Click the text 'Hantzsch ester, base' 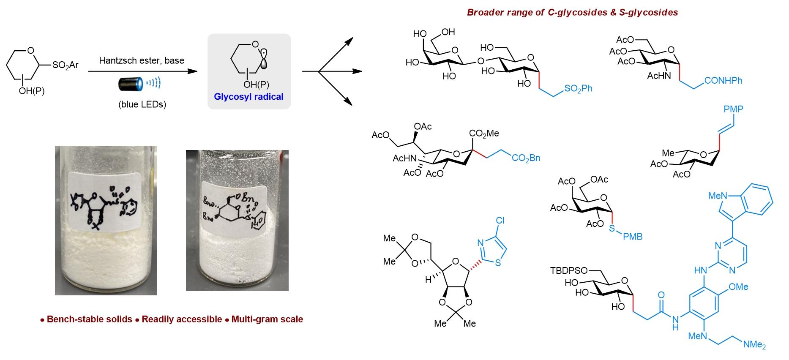point(142,60)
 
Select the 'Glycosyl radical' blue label point(248,97)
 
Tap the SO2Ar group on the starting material point(66,65)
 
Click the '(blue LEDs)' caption point(142,104)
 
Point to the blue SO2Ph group point(578,89)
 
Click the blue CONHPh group point(723,80)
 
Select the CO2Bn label point(526,158)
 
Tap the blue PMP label point(733,109)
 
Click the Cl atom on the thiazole point(500,221)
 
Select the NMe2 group point(754,345)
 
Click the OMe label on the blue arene point(738,287)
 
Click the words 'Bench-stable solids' point(89,319)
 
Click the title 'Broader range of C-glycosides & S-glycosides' point(572,12)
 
